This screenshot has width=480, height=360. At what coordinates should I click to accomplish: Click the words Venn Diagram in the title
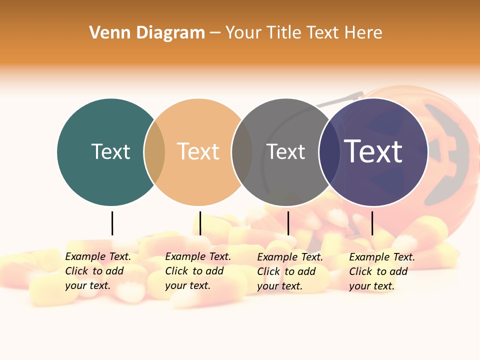tap(147, 33)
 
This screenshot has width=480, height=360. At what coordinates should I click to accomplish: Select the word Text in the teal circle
tap(110, 151)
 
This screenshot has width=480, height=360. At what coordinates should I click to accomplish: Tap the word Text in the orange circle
tap(198, 151)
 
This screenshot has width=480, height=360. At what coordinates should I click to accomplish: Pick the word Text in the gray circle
tap(285, 151)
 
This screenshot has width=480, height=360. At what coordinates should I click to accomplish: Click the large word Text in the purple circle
tap(373, 151)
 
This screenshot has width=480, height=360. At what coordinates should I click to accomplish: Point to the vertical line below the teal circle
tap(112, 223)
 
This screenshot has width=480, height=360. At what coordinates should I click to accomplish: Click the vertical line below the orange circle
tap(200, 223)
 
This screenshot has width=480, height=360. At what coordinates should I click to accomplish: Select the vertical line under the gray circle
tap(288, 223)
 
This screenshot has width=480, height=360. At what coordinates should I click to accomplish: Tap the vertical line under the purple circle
tap(372, 223)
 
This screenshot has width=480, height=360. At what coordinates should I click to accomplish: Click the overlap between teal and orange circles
tap(154, 152)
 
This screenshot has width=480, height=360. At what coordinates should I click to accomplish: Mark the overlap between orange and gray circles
tap(242, 152)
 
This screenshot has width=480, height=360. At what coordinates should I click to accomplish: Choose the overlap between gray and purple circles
tap(329, 152)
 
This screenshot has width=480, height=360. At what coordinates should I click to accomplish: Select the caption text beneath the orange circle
tap(197, 271)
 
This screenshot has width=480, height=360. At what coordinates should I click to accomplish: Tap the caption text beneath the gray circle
tap(289, 271)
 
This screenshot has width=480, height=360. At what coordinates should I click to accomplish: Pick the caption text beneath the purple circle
tap(381, 271)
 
